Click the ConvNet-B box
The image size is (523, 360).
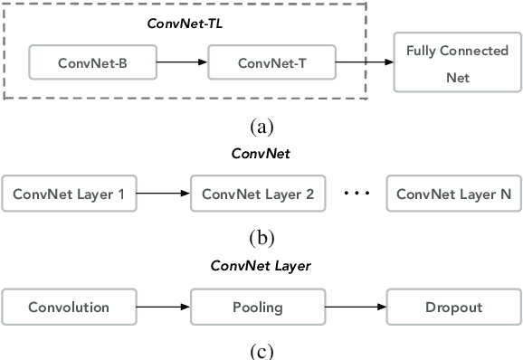pyautogui.click(x=93, y=63)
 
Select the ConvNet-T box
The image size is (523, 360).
pyautogui.click(x=272, y=63)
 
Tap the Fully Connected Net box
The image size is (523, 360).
pyautogui.click(x=457, y=63)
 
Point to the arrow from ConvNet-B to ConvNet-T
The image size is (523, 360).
pyautogui.click(x=182, y=63)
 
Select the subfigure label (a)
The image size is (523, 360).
pyautogui.click(x=261, y=126)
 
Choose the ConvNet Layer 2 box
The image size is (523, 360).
pyautogui.click(x=257, y=194)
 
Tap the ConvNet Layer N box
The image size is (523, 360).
pyautogui.click(x=453, y=194)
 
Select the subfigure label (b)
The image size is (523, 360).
pyautogui.click(x=261, y=238)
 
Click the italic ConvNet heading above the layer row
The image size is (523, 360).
pyautogui.click(x=261, y=154)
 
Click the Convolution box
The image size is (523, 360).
pyautogui.click(x=69, y=307)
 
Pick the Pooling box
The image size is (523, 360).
pyautogui.click(x=257, y=307)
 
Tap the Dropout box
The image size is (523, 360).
pyautogui.click(x=453, y=307)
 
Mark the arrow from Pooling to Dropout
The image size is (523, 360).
pyautogui.click(x=355, y=307)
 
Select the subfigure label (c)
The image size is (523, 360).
pyautogui.click(x=261, y=350)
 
